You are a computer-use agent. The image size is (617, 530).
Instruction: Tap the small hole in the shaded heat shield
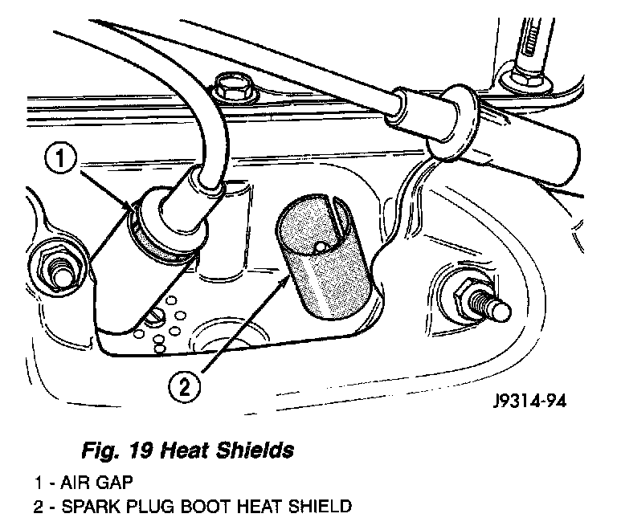tap(319, 247)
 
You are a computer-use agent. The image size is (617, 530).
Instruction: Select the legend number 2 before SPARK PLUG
tap(38, 507)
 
